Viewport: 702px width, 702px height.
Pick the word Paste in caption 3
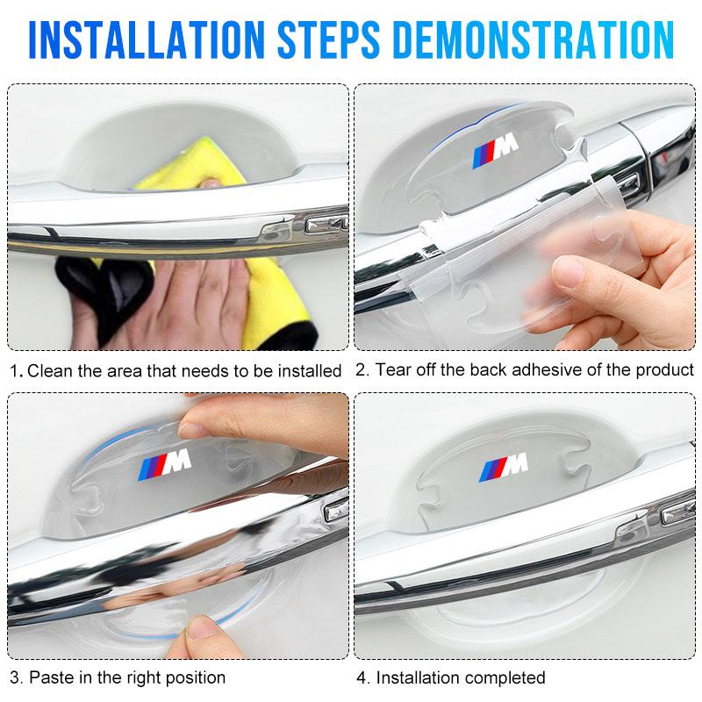[51, 677]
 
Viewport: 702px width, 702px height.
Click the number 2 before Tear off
[361, 369]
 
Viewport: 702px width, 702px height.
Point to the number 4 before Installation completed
[362, 677]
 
